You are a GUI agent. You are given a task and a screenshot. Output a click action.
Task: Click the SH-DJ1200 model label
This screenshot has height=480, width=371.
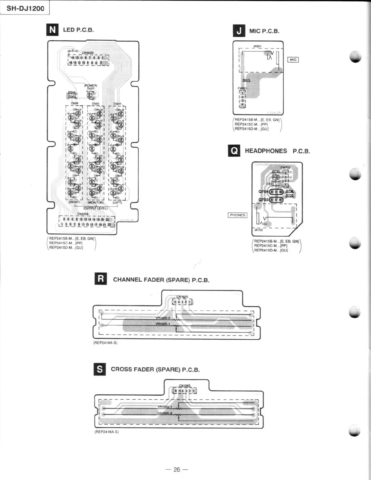[25, 8]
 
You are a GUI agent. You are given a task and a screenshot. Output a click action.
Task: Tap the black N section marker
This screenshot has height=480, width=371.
[52, 30]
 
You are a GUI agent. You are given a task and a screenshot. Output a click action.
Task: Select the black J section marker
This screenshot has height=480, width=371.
[239, 31]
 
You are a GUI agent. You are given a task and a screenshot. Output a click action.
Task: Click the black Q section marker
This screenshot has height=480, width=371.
[234, 151]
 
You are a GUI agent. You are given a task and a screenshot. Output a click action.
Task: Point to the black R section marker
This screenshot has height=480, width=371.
[101, 279]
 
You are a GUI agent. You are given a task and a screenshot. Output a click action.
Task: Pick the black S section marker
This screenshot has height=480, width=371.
[100, 369]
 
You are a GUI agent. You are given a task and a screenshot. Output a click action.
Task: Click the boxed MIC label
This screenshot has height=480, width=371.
[293, 60]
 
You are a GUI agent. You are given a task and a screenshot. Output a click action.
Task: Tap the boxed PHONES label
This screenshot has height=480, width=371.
[237, 215]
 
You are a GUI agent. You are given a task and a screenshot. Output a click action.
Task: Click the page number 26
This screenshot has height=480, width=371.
[177, 469]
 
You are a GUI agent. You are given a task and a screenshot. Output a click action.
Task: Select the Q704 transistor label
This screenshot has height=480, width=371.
[263, 192]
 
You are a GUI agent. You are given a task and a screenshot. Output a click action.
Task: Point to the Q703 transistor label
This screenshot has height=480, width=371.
[263, 200]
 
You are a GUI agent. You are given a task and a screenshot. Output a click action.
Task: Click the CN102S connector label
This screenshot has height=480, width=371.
[182, 297]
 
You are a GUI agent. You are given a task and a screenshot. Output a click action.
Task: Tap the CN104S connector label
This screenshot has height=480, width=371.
[184, 386]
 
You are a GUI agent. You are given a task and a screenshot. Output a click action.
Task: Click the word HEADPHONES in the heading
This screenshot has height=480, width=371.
[266, 151]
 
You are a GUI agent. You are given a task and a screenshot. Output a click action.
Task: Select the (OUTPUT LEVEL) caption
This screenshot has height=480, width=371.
[95, 208]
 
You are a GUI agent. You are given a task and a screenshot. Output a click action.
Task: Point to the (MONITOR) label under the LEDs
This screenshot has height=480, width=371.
[95, 202]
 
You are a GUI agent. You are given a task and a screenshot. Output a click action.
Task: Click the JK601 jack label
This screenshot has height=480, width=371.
[257, 46]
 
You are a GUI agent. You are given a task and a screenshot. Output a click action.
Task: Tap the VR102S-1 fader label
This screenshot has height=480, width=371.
[163, 324]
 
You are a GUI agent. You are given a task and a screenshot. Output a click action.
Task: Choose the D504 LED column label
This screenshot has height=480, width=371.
[117, 104]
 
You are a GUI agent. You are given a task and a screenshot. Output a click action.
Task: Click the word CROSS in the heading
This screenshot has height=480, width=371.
[121, 369]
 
